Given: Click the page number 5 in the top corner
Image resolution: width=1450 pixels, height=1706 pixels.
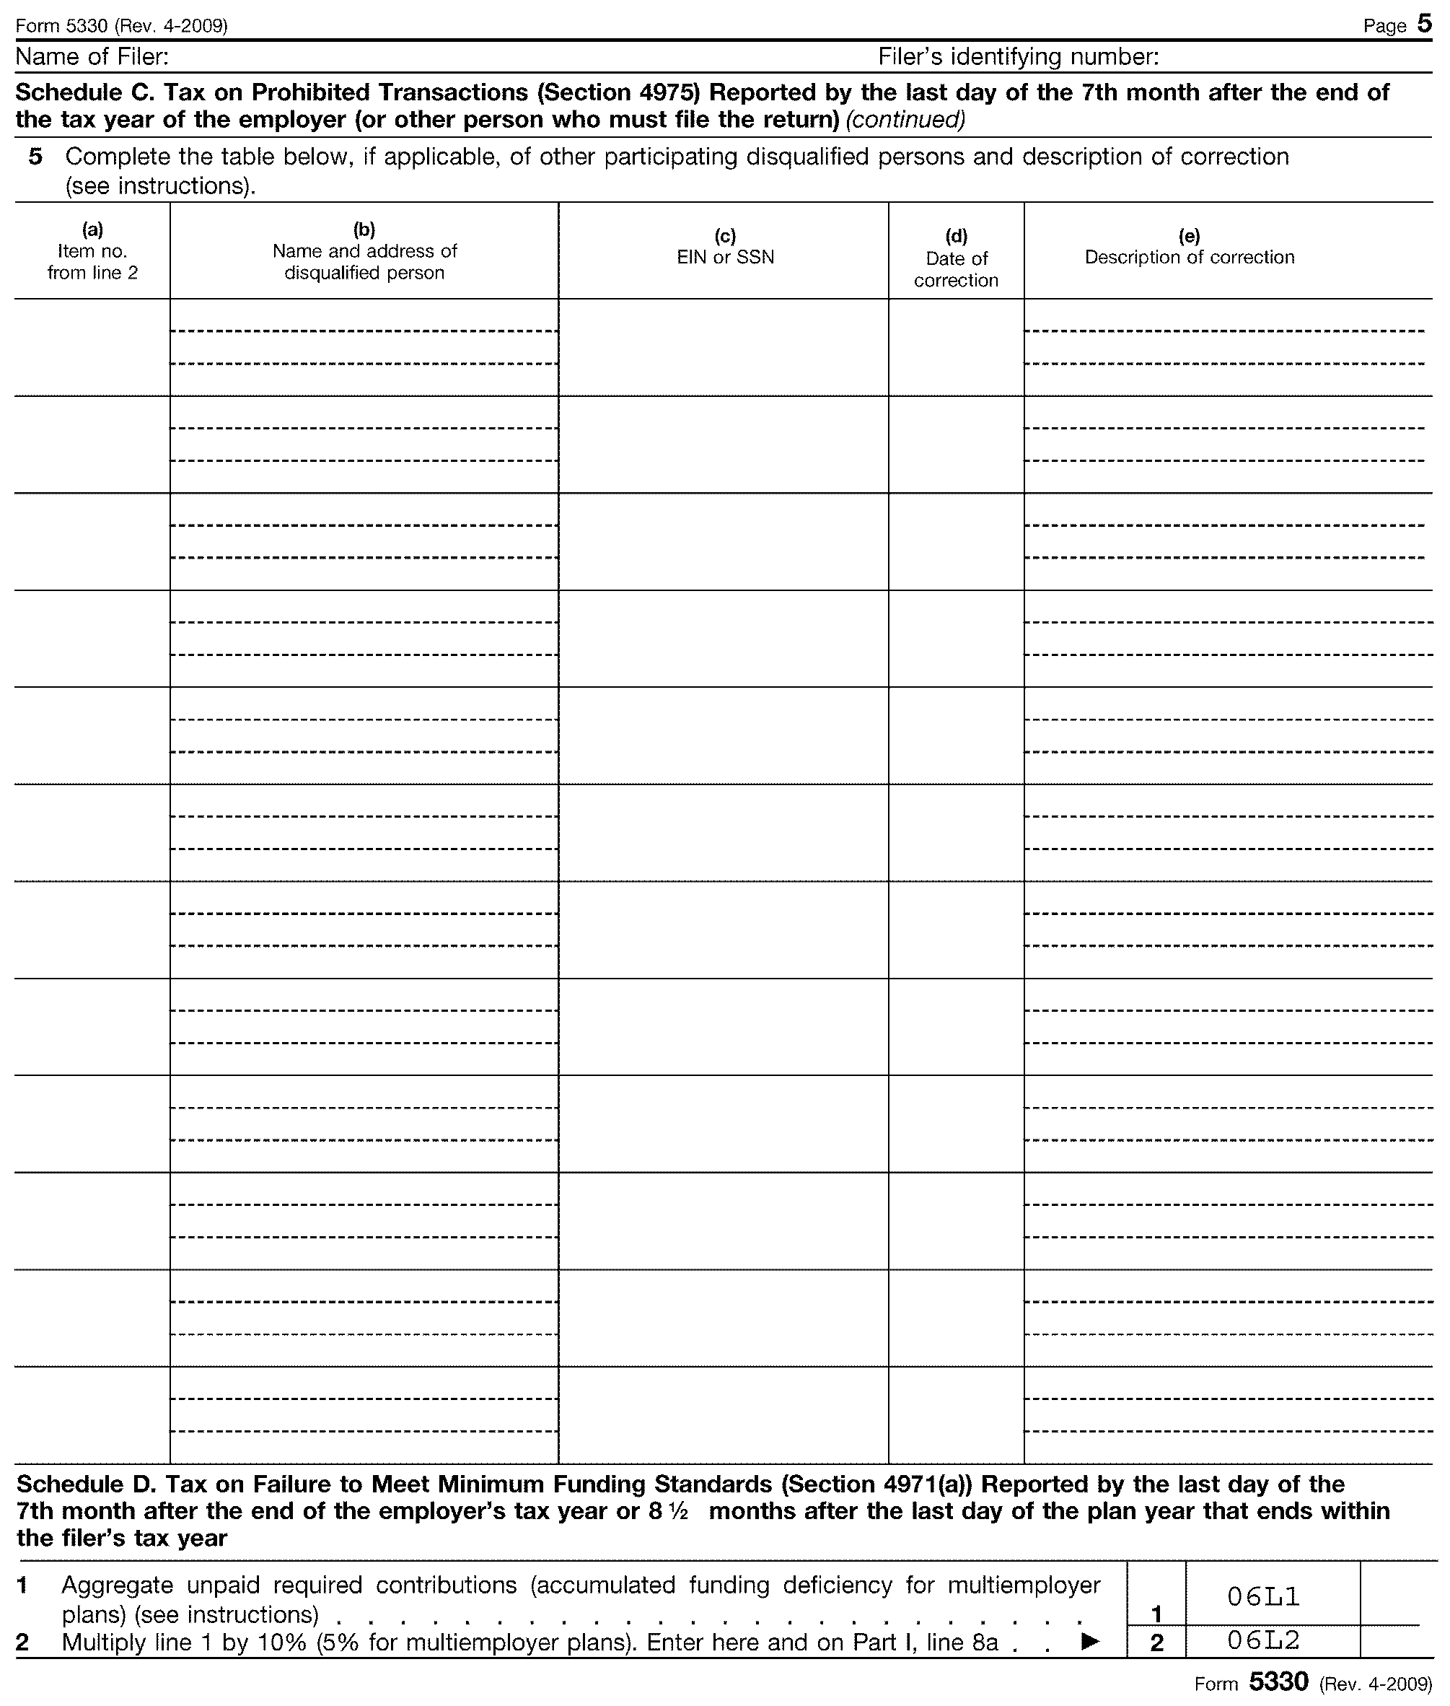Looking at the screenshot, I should pos(1423,24).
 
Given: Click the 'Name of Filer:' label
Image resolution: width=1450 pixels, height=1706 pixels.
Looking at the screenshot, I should pos(92,57).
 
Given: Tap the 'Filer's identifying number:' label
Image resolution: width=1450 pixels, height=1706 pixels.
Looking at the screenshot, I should pos(1019,57).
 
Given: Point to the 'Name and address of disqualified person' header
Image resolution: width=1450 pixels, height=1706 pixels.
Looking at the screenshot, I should pos(364,261).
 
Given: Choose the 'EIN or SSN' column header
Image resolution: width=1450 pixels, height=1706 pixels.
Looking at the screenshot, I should pos(725,258).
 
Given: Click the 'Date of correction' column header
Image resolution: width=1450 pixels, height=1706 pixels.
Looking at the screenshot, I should pos(956,269).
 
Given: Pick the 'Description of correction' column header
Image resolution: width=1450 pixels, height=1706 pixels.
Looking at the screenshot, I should pos(1189,258).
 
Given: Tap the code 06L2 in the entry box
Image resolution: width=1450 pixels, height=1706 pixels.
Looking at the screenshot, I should pos(1262,1640).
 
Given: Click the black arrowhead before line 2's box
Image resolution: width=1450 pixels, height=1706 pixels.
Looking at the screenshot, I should pos(1089,1641).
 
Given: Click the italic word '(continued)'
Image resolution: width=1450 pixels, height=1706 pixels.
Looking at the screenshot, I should pos(905,120).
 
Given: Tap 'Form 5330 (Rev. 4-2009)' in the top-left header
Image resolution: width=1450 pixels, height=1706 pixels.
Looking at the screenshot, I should pos(121,25).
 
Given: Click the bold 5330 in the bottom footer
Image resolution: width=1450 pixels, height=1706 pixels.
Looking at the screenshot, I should pos(1278,1681).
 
